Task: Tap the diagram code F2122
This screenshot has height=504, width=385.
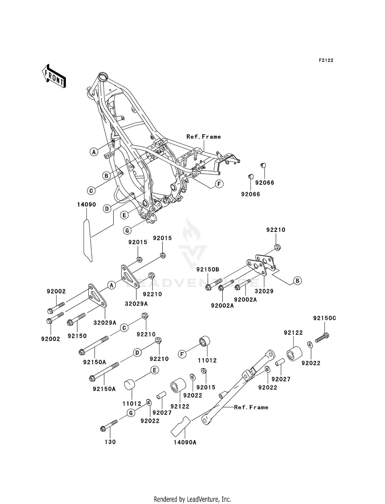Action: tap(326, 60)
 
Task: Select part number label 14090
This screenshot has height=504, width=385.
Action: tap(86, 204)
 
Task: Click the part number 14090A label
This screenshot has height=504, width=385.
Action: tap(185, 442)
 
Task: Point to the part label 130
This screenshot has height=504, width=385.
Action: tap(110, 442)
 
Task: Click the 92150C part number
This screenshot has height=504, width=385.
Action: tap(324, 318)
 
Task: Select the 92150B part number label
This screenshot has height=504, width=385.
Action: tap(208, 269)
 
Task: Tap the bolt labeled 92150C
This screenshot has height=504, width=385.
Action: tap(322, 338)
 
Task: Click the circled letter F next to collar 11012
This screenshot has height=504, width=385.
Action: tap(182, 354)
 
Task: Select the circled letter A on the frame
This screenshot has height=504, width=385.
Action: tap(94, 152)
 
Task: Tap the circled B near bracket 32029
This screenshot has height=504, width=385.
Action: tap(297, 281)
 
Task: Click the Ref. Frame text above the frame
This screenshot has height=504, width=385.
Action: tap(204, 137)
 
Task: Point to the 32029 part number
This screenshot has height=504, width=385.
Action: tap(264, 291)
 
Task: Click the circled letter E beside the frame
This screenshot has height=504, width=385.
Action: tap(124, 215)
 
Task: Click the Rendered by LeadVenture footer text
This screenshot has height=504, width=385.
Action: tap(192, 499)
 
